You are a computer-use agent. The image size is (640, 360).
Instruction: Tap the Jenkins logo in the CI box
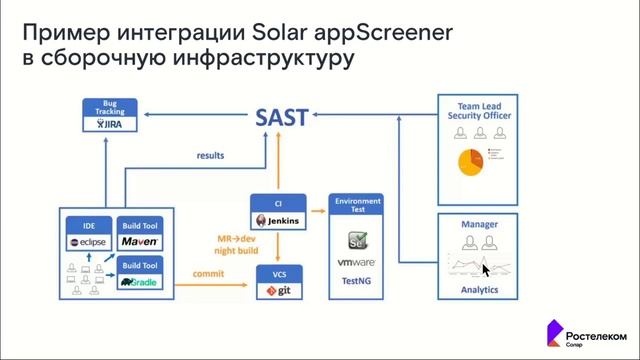(276, 220)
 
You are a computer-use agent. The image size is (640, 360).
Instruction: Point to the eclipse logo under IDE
(87, 243)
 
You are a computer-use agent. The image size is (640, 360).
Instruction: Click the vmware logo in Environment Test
(356, 262)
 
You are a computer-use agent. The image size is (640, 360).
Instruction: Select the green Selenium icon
(356, 240)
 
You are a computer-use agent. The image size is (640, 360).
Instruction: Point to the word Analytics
(479, 290)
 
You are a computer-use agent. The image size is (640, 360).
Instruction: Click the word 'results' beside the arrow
(210, 156)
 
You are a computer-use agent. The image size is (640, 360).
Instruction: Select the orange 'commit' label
(209, 272)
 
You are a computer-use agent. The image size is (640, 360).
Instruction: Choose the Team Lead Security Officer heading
(479, 111)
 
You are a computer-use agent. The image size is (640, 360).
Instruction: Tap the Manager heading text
(479, 225)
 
